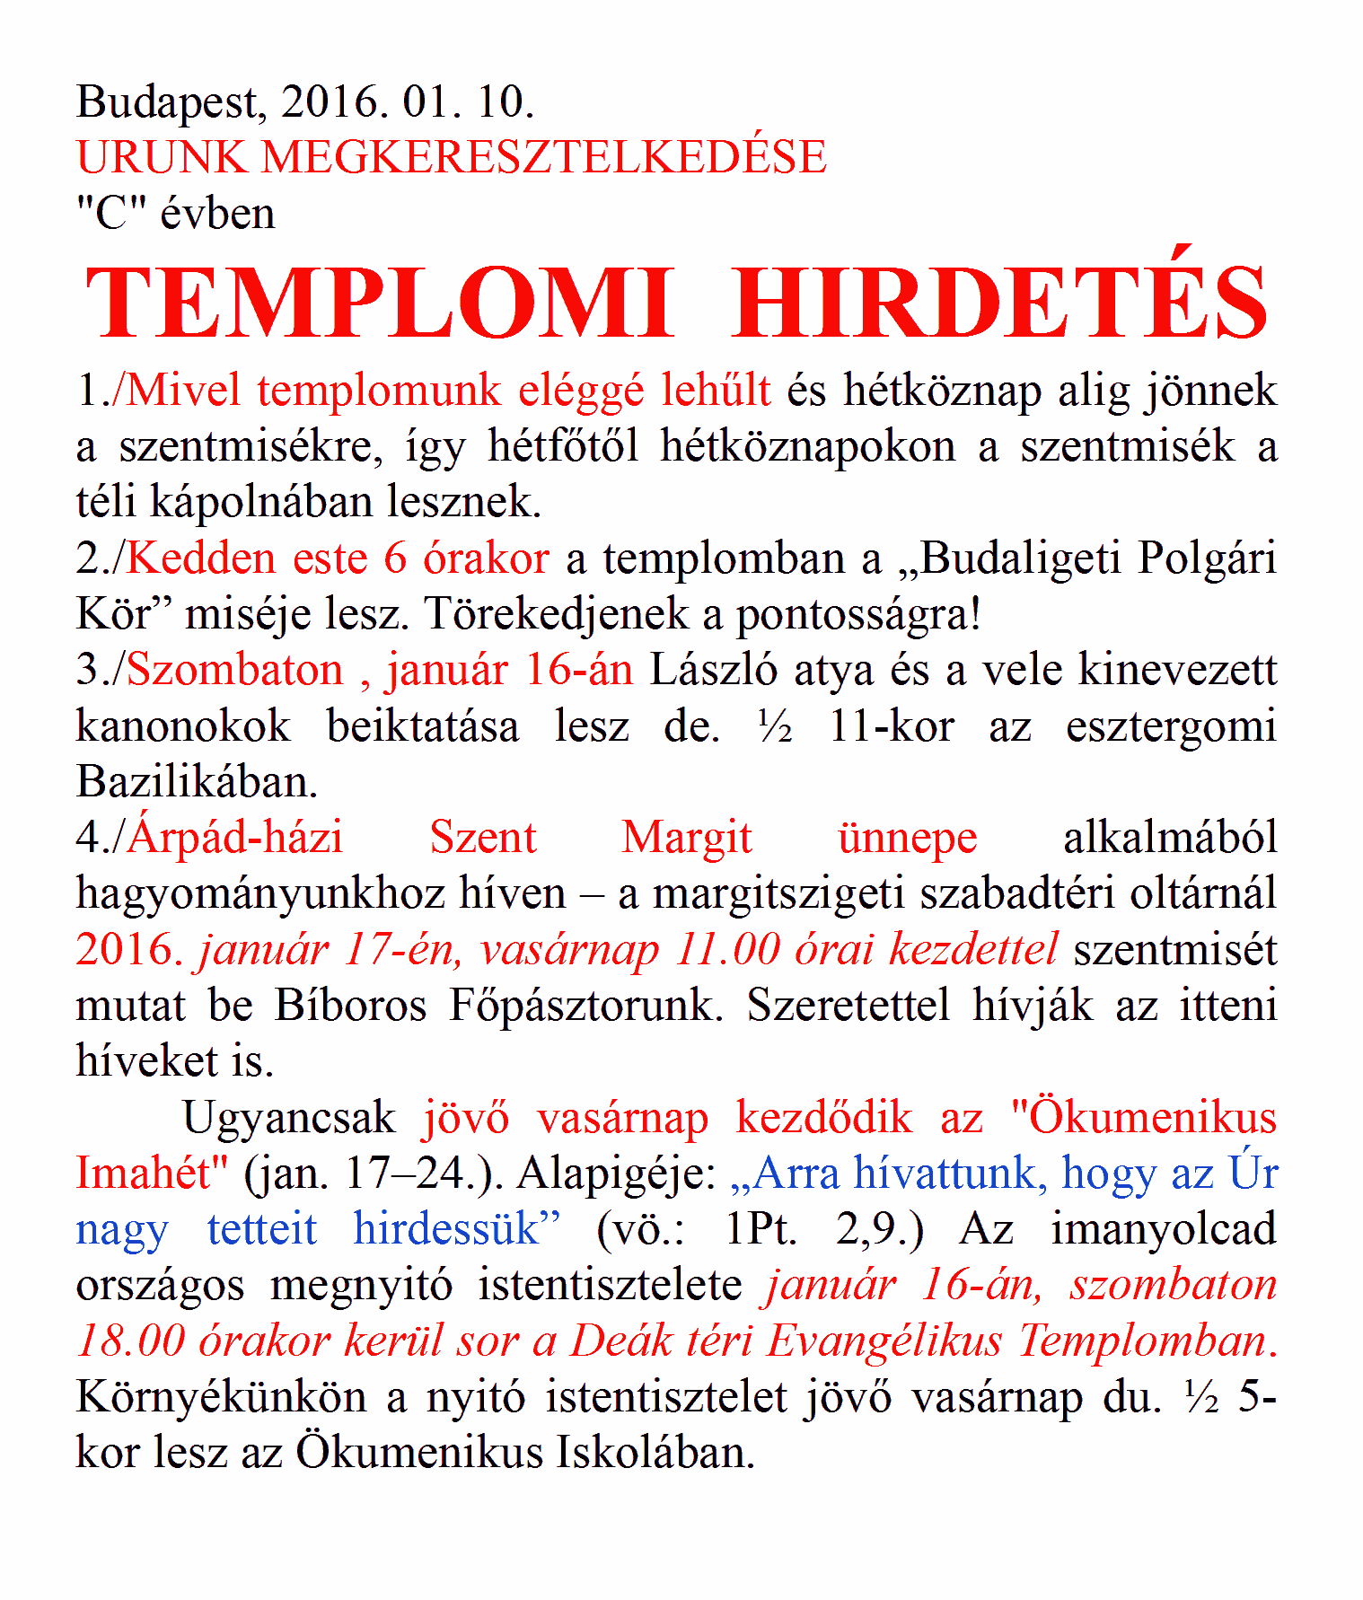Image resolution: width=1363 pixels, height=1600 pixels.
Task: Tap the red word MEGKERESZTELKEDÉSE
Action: pyautogui.click(x=543, y=158)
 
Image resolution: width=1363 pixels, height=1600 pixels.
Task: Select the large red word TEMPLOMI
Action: pyautogui.click(x=379, y=303)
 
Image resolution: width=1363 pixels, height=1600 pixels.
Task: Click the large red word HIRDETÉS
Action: pyautogui.click(x=999, y=303)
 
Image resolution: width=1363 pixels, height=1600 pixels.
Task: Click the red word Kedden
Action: pyautogui.click(x=202, y=558)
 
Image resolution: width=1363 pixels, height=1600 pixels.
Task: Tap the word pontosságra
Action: pyautogui.click(x=857, y=615)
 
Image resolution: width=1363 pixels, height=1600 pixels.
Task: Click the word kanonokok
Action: pyautogui.click(x=183, y=726)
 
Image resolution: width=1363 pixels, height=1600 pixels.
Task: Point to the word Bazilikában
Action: pyautogui.click(x=197, y=782)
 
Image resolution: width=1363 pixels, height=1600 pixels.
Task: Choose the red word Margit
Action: pyautogui.click(x=687, y=838)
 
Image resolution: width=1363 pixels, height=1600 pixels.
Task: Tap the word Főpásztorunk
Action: pyautogui.click(x=585, y=1006)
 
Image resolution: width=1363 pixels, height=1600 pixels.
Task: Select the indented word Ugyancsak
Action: pyautogui.click(x=288, y=1118)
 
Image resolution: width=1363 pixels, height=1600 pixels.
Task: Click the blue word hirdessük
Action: pyautogui.click(x=456, y=1229)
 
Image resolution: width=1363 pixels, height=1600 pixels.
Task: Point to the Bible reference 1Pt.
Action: pyautogui.click(x=760, y=1229)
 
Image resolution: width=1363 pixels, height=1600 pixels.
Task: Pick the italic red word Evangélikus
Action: pyautogui.click(x=884, y=1341)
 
